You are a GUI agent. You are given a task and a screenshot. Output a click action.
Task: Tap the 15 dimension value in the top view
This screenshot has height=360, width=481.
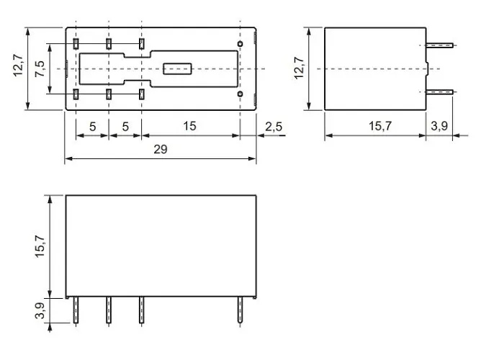pyautogui.click(x=189, y=127)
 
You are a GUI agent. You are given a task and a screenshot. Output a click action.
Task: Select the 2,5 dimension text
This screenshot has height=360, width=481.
pyautogui.click(x=274, y=127)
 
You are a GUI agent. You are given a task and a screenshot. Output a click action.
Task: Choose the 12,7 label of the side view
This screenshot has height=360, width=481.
pyautogui.click(x=300, y=69)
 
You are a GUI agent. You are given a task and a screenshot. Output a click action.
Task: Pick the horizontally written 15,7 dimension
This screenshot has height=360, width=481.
pyautogui.click(x=379, y=127)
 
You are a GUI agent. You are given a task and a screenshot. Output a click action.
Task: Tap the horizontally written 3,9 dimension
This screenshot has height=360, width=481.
pyautogui.click(x=439, y=127)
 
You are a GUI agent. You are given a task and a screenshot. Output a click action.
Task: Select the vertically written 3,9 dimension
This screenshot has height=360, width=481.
pyautogui.click(x=40, y=311)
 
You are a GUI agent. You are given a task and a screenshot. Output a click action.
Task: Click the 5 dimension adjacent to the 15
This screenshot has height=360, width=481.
pyautogui.click(x=125, y=127)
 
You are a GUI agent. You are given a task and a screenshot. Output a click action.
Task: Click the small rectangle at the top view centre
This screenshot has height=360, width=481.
pyautogui.click(x=177, y=69)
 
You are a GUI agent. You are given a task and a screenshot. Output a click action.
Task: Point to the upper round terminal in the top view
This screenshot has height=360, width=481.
pyautogui.click(x=240, y=44)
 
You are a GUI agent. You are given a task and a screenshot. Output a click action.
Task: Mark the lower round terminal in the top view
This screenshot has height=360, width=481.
pyautogui.click(x=240, y=94)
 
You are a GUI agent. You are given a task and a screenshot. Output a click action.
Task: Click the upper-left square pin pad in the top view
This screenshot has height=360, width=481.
pyautogui.click(x=76, y=45)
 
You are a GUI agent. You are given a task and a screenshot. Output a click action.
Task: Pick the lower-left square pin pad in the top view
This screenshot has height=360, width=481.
pyautogui.click(x=76, y=94)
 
